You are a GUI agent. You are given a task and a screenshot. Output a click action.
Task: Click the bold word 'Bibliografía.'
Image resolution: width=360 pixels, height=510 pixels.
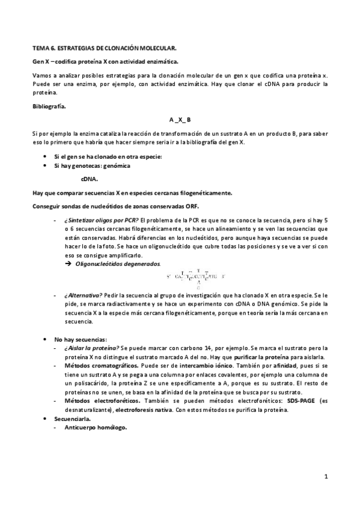(49, 106)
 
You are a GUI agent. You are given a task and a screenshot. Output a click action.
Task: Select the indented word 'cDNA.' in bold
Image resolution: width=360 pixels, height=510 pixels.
(90, 179)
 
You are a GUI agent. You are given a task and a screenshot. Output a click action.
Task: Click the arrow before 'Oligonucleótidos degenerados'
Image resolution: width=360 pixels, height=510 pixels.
(68, 263)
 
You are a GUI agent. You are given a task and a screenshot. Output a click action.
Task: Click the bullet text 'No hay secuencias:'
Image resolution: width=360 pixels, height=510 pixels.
(81, 339)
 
